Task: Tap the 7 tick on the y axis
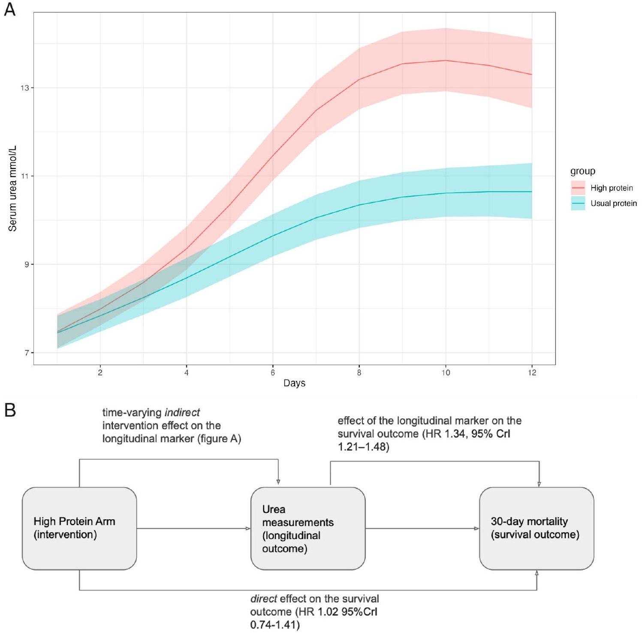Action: click(x=27, y=353)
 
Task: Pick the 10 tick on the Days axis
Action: click(x=446, y=372)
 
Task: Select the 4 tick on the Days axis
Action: click(x=187, y=372)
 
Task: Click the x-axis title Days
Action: click(x=294, y=383)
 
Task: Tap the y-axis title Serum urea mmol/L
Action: click(x=13, y=188)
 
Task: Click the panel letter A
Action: click(x=9, y=9)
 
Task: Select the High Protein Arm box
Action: click(x=79, y=528)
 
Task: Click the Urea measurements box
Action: click(x=308, y=528)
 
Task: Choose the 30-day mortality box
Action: click(x=537, y=528)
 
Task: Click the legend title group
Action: click(x=582, y=171)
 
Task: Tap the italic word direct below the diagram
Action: click(x=263, y=599)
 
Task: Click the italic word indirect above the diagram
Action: click(x=182, y=413)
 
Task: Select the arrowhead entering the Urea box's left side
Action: click(x=248, y=529)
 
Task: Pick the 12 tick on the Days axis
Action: click(x=532, y=372)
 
